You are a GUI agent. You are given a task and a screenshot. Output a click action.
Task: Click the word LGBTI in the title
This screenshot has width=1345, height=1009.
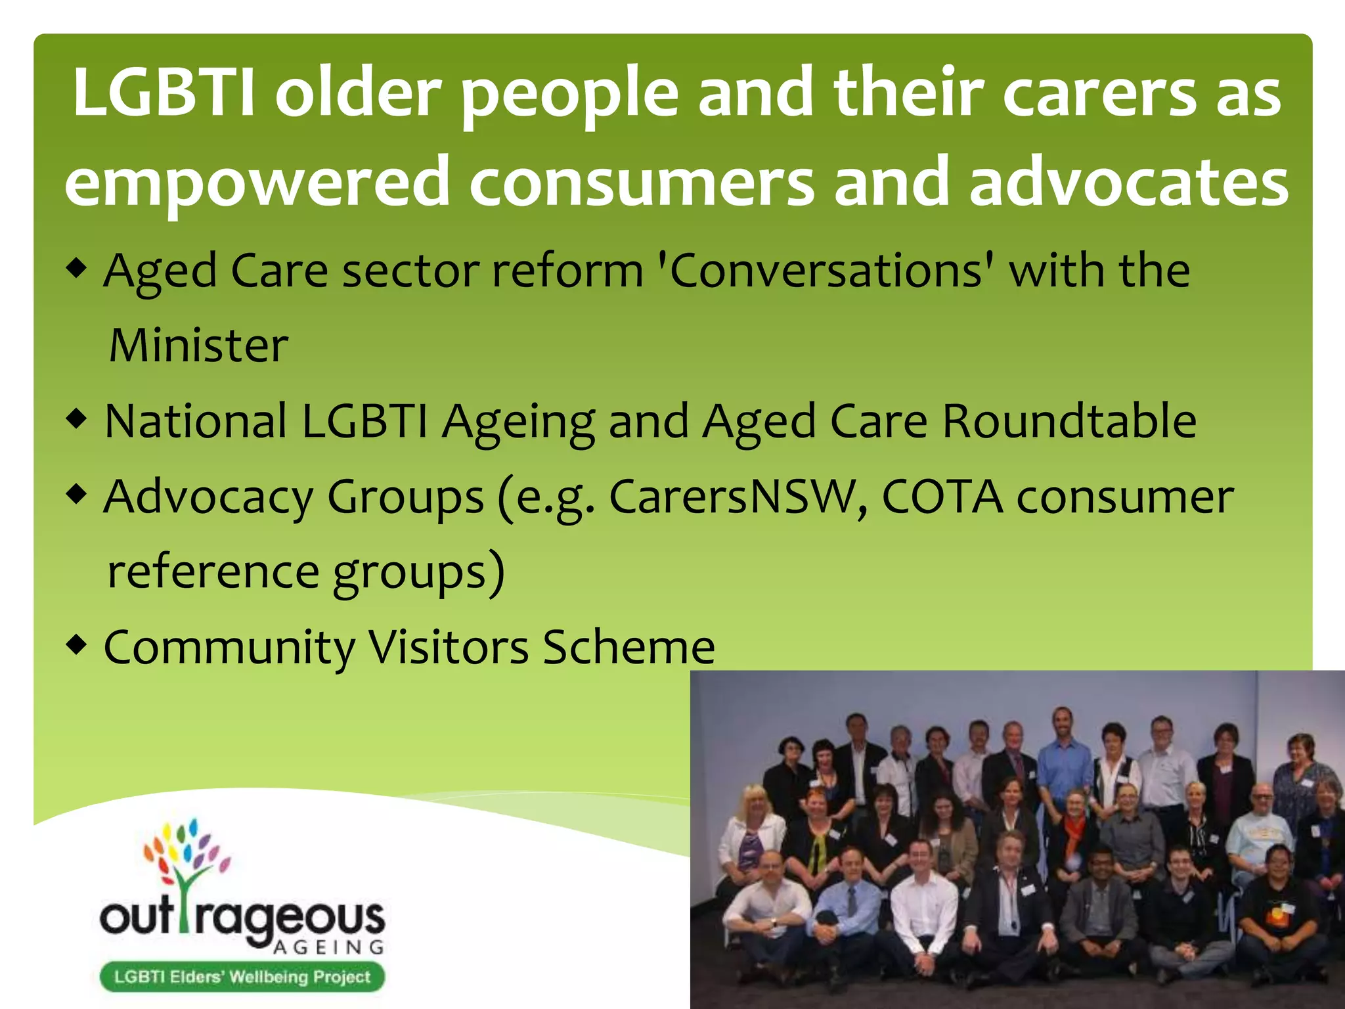click(163, 93)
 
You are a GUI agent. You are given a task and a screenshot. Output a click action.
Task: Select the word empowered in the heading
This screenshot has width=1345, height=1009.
click(256, 184)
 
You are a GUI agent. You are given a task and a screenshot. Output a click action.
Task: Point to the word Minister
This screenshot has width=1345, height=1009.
click(198, 346)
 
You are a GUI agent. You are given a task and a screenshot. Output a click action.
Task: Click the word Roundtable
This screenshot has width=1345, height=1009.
click(1069, 421)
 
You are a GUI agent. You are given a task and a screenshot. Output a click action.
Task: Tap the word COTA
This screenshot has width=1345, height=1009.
click(941, 497)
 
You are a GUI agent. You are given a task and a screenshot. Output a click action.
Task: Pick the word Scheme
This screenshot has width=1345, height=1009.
click(628, 648)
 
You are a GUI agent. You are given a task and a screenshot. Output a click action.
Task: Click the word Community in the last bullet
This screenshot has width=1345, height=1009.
click(229, 648)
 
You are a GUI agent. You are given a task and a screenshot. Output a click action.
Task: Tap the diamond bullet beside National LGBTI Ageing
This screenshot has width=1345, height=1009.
click(77, 419)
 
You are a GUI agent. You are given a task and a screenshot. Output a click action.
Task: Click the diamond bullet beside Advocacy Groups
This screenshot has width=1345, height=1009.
click(77, 495)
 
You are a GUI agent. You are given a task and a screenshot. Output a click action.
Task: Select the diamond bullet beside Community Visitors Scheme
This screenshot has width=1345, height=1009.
click(77, 645)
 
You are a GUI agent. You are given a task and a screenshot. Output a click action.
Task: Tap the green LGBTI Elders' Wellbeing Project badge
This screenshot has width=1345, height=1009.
click(242, 977)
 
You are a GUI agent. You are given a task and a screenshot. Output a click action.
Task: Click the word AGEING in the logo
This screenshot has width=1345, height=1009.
click(328, 947)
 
